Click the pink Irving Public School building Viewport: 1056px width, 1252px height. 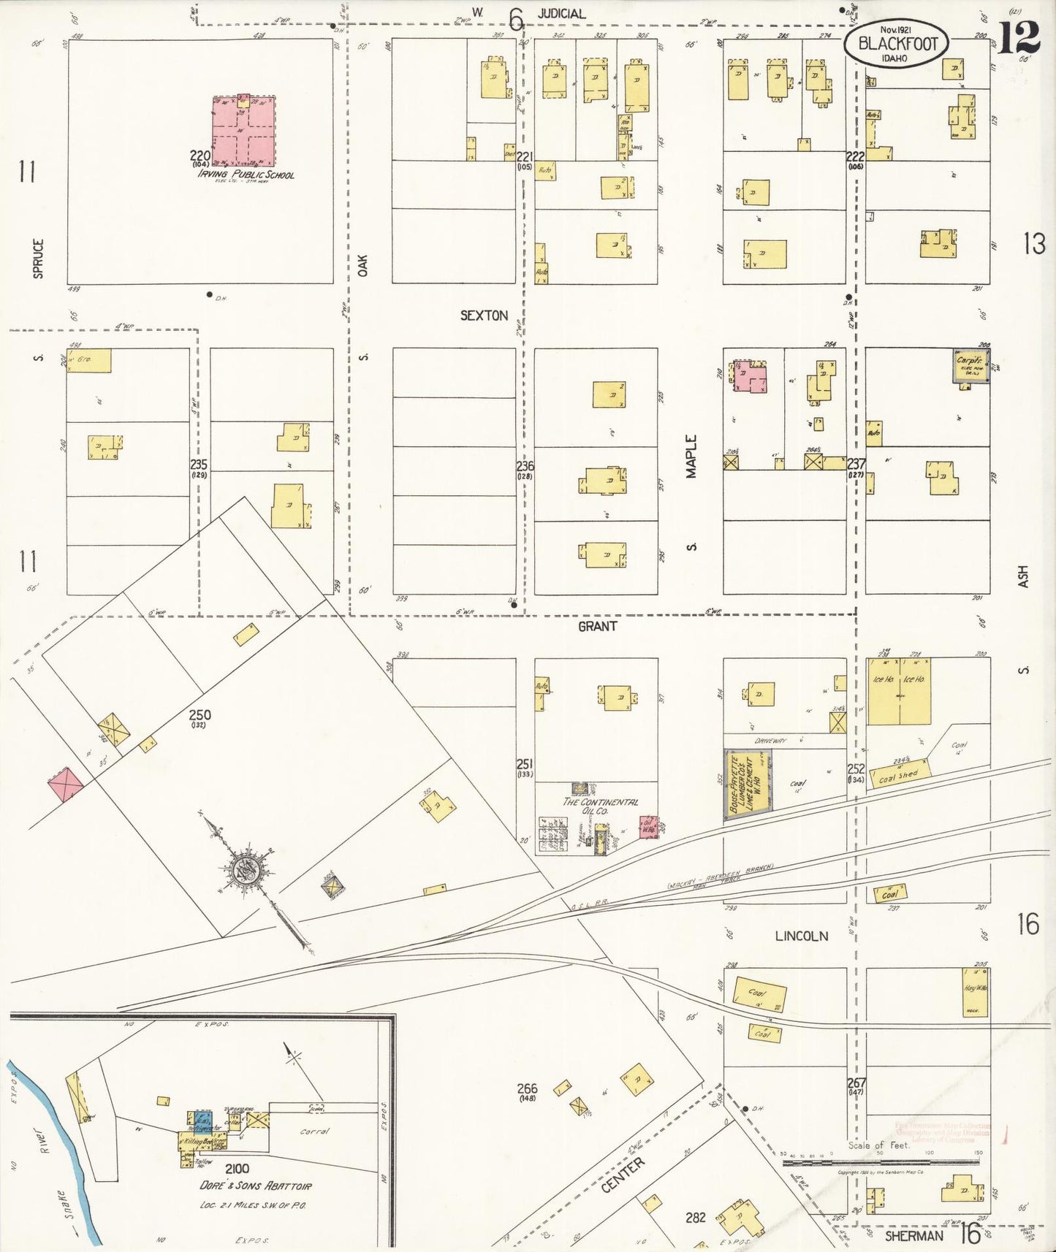(244, 132)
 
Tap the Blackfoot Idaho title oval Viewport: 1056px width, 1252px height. (897, 44)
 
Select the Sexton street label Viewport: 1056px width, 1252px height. (484, 316)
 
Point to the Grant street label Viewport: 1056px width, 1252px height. (597, 626)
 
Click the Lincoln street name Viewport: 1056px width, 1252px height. (801, 936)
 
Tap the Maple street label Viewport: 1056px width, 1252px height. (691, 457)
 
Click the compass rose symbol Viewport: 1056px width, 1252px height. (246, 869)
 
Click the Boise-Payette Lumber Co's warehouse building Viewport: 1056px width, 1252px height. (748, 784)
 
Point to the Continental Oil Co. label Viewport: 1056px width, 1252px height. (599, 806)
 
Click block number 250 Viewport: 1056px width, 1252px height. (200, 715)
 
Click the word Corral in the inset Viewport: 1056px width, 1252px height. (315, 1131)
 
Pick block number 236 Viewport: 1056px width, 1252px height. (525, 466)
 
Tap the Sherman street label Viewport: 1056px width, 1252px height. (913, 1236)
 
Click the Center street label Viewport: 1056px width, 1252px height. (623, 1175)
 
